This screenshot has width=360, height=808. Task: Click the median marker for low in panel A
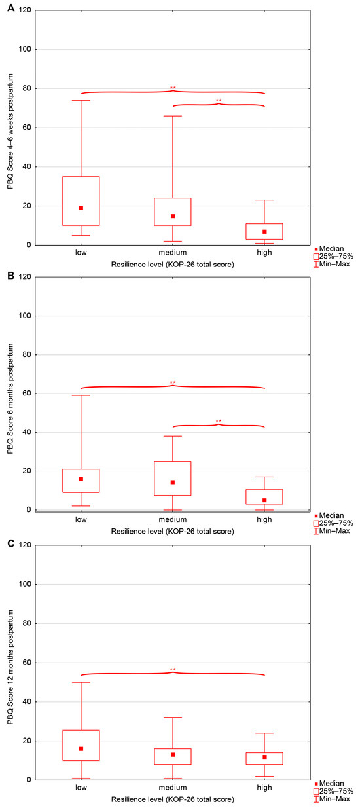click(x=81, y=208)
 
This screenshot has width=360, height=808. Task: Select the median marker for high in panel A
click(x=264, y=232)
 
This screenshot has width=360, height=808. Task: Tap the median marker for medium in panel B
click(x=173, y=483)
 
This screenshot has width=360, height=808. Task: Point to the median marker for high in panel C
click(x=264, y=757)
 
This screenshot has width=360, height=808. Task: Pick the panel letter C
click(x=11, y=543)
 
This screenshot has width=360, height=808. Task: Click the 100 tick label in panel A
click(x=25, y=49)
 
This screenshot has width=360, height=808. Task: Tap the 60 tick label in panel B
click(x=27, y=393)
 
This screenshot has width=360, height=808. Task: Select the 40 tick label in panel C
click(x=27, y=701)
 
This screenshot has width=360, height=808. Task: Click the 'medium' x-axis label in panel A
click(x=173, y=253)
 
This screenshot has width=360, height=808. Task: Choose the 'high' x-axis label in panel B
click(x=264, y=519)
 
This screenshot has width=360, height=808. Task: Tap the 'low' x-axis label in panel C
click(x=81, y=788)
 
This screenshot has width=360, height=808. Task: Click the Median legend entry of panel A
click(x=329, y=249)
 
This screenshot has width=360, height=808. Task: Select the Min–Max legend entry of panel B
click(x=331, y=530)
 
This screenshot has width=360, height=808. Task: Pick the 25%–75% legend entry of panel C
click(x=333, y=791)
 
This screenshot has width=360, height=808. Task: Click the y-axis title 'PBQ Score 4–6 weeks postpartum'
click(x=10, y=132)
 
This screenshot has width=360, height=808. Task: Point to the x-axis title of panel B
click(x=172, y=531)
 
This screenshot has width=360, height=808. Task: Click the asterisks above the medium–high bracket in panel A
click(x=219, y=101)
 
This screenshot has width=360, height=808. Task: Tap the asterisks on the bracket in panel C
click(x=173, y=670)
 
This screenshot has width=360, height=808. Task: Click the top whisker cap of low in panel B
click(x=81, y=395)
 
